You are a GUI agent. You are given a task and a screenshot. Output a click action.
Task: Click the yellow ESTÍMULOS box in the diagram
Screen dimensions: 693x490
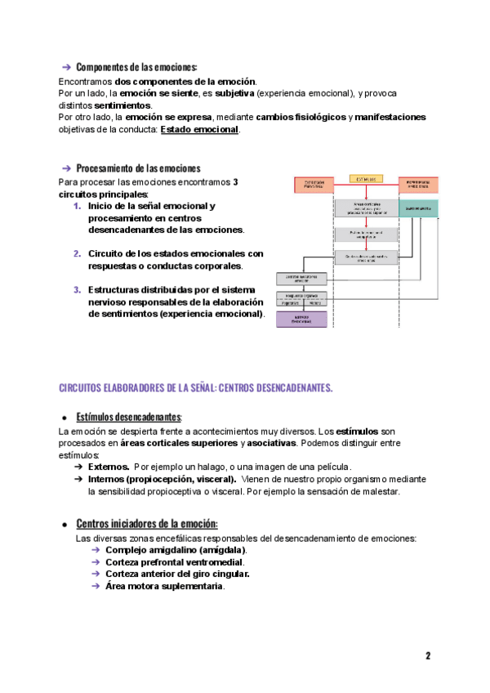pos(366,178)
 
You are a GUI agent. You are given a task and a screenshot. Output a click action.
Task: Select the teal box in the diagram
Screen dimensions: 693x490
pos(417,208)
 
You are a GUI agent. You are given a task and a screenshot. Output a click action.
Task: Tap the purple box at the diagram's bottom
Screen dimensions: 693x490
pos(302,320)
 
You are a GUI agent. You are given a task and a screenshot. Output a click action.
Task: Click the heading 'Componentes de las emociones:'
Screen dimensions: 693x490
pos(136,67)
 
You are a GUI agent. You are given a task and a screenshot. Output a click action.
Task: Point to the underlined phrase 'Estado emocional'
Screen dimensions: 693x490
pos(199,129)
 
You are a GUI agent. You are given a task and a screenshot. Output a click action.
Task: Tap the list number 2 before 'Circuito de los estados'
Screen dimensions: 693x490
pos(77,253)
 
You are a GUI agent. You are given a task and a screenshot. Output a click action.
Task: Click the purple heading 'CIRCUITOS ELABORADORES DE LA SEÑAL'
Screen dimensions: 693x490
pos(196,387)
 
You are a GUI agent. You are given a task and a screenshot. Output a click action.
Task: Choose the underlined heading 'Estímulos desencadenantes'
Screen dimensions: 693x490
pos(128,417)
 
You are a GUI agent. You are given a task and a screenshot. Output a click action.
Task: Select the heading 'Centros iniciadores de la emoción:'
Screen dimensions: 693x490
pos(147,523)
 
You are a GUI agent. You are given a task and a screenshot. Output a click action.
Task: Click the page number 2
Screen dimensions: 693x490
pos(427,656)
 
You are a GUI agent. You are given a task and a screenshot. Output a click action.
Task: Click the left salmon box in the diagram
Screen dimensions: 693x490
pos(314,185)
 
